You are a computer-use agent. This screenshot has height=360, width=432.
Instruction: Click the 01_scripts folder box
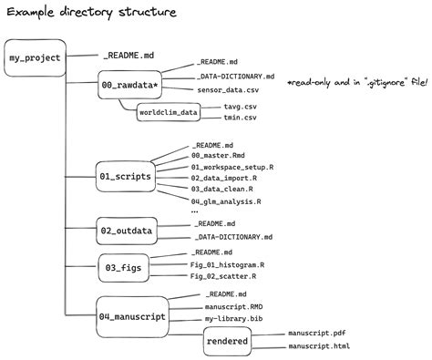click(x=126, y=173)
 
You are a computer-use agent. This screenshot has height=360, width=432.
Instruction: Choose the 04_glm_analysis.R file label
click(x=227, y=201)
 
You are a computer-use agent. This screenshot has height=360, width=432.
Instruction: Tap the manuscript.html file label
click(x=319, y=347)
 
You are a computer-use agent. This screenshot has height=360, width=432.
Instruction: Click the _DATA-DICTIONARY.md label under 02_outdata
click(x=233, y=236)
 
